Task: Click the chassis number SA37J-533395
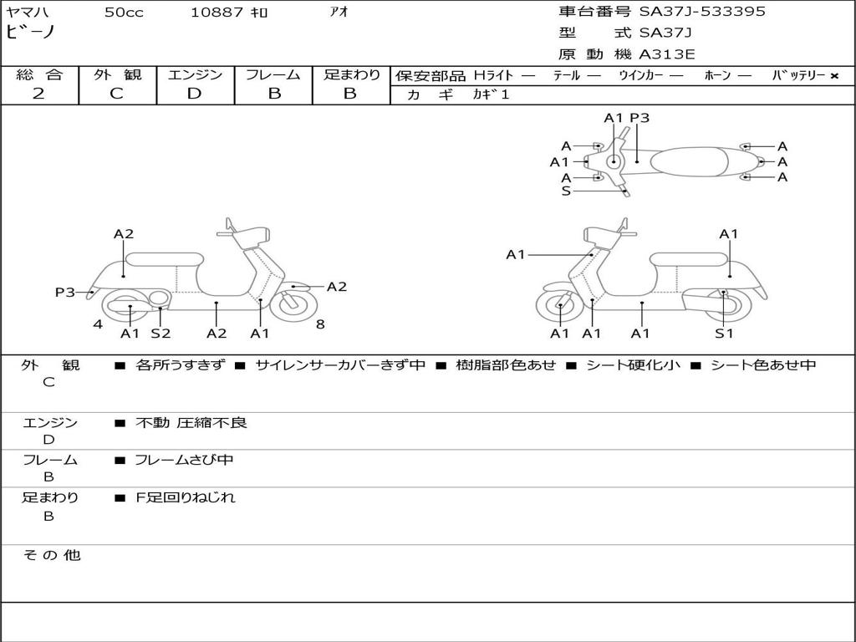tap(702, 12)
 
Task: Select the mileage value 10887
tap(217, 13)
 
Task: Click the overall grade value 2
tap(38, 94)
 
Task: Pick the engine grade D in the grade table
tap(194, 94)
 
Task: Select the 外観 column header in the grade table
tap(117, 74)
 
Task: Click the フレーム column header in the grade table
tap(273, 74)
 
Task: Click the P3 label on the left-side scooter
tap(65, 292)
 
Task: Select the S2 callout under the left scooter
tap(160, 334)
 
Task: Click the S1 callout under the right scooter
tap(724, 334)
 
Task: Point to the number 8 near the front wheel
tap(320, 324)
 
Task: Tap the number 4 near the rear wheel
tap(98, 324)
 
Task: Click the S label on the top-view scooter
tap(566, 191)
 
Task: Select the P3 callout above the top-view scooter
tap(639, 118)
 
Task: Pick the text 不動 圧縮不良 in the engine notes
tap(191, 423)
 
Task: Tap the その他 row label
tap(51, 555)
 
